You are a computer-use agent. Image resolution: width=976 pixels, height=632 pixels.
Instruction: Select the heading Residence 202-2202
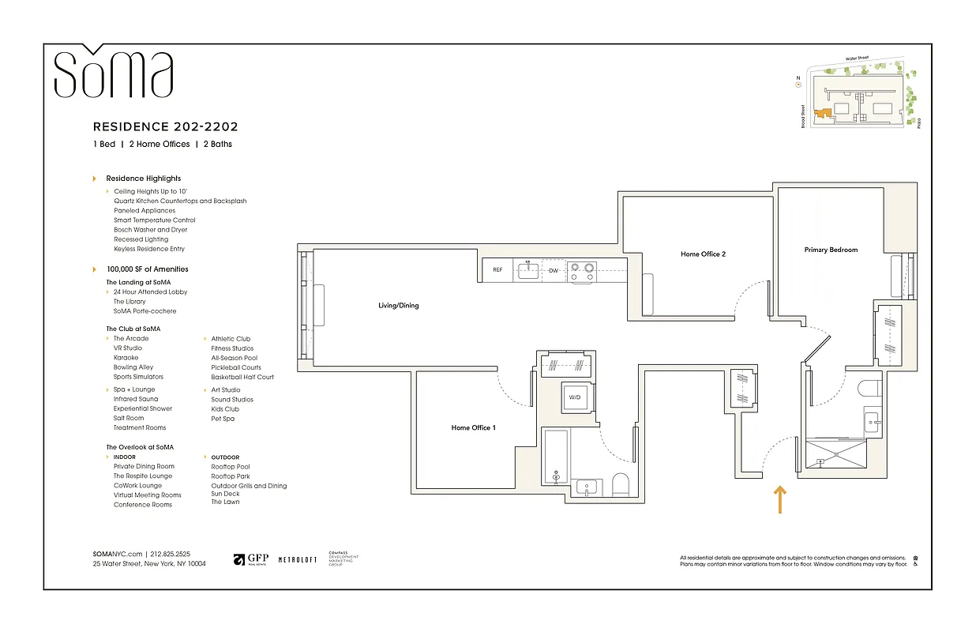(x=165, y=126)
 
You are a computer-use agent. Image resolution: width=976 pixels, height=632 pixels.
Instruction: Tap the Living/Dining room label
(x=398, y=306)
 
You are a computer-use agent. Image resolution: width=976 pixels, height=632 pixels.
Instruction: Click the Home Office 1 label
(x=473, y=427)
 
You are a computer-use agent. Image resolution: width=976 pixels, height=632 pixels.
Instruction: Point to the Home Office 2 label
(x=703, y=254)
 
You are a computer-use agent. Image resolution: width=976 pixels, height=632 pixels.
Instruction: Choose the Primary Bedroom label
(x=831, y=250)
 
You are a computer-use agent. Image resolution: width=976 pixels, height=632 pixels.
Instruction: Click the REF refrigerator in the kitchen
(x=497, y=270)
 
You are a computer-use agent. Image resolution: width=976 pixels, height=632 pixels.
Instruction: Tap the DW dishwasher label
(x=554, y=270)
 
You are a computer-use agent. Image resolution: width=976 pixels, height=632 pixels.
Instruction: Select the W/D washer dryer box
(x=574, y=397)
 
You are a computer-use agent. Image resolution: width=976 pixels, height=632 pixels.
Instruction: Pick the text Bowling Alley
(x=133, y=367)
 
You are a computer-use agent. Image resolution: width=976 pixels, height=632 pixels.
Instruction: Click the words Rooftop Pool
(x=230, y=467)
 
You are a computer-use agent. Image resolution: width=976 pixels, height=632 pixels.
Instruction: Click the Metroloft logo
(x=298, y=559)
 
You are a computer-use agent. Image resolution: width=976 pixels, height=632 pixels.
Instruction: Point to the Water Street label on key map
(x=857, y=58)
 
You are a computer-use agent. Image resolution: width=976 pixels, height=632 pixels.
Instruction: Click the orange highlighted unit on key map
(x=824, y=115)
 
